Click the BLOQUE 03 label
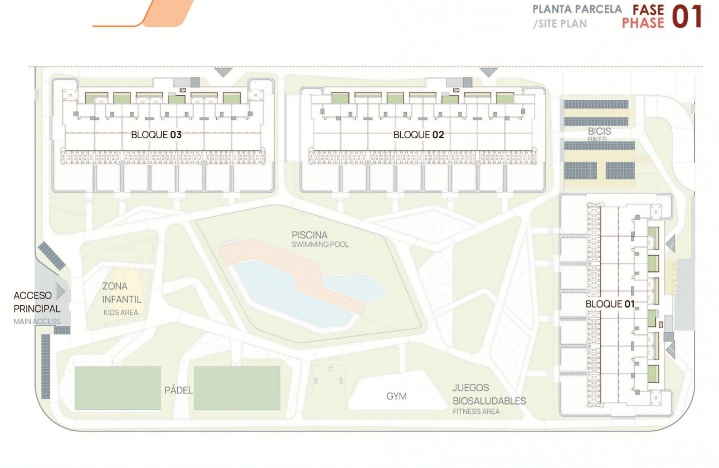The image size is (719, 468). [157, 134]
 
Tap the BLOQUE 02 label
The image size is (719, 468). [419, 134]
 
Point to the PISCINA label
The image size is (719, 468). [309, 235]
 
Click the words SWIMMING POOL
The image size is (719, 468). [320, 245]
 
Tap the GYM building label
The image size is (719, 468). [396, 397]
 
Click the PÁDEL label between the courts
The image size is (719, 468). [178, 390]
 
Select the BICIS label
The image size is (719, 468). [599, 131]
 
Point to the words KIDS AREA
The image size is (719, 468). [120, 313]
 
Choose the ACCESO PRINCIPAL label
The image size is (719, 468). [37, 301]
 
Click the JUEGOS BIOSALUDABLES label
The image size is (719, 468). [489, 394]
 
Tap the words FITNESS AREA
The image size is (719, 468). [476, 411]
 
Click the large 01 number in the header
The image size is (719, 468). [687, 17]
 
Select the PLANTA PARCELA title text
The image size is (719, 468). [577, 10]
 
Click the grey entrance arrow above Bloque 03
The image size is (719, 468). [224, 72]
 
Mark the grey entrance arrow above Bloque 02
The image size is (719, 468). [489, 72]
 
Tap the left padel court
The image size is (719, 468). [118, 388]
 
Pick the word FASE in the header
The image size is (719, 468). [648, 10]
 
